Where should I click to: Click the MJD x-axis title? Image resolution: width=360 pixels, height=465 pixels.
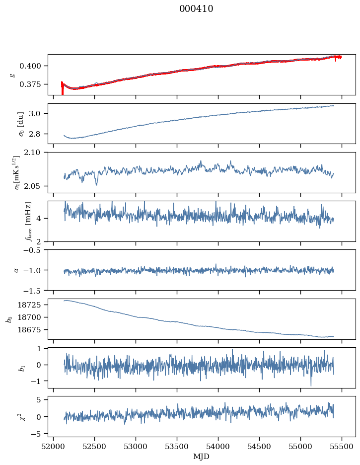201,457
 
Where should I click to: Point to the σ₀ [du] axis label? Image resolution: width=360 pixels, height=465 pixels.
13,123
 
